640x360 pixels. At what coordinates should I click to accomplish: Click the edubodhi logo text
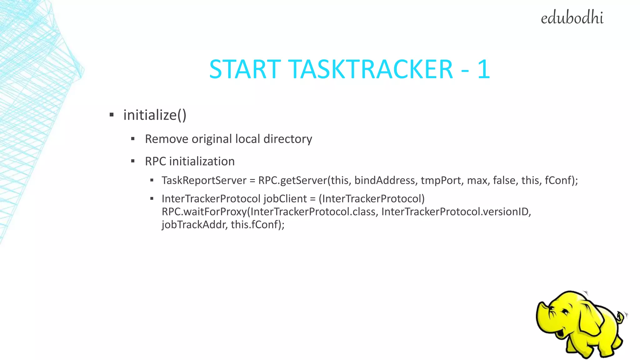coord(572,18)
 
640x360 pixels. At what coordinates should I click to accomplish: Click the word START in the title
coord(245,69)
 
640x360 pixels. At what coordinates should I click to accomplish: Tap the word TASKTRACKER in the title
coord(370,69)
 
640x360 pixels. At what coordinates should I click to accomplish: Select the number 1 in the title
coord(483,69)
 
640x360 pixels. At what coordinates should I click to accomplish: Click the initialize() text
coord(155,115)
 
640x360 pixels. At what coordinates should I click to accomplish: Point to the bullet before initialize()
coord(112,115)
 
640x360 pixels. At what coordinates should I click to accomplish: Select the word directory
coord(287,139)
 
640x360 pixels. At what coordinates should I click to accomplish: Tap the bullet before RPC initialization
coord(133,161)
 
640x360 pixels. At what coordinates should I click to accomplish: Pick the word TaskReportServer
coord(204,181)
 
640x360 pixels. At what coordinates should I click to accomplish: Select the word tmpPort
coord(441,181)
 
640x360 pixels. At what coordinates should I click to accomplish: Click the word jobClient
coord(285,199)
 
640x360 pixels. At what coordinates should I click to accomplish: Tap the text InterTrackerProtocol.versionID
coord(456,212)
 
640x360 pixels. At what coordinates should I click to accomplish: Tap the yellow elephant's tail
coord(622,317)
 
